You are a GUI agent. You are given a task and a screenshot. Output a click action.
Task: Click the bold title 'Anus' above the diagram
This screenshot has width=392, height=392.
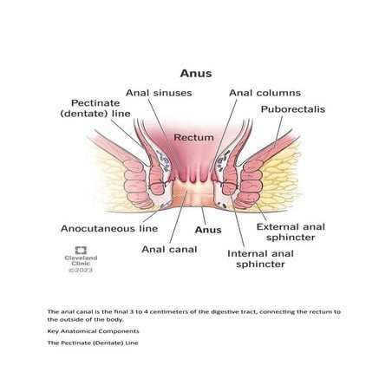[196, 74]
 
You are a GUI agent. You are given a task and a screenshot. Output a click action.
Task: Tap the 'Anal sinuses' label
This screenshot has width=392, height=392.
[159, 93]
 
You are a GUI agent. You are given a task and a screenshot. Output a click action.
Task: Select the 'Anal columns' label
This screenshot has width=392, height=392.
[265, 93]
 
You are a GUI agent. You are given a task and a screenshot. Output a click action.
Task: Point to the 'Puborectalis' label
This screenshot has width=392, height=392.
[293, 109]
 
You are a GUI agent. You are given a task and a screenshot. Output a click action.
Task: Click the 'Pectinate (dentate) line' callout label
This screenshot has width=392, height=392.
[95, 108]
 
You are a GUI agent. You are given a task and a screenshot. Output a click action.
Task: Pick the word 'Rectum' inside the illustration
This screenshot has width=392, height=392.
[193, 137]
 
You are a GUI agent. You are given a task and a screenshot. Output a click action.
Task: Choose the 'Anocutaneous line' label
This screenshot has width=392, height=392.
[109, 229]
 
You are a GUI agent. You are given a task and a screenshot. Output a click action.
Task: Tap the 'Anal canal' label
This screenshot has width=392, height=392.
[169, 249]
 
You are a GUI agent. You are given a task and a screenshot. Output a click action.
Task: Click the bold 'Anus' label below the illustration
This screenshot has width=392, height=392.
[208, 230]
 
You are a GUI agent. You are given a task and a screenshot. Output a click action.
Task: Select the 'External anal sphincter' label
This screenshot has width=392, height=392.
[291, 232]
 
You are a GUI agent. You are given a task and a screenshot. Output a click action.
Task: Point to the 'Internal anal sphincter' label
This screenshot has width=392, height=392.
[260, 258]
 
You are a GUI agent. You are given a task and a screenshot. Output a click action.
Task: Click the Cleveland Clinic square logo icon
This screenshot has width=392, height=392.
[81, 251]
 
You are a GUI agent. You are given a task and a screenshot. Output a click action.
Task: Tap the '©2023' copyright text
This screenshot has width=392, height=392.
[81, 270]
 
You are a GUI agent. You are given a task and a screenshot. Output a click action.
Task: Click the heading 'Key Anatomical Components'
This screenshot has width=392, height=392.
[93, 331]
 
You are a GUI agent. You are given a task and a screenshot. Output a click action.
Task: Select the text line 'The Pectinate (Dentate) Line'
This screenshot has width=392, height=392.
[93, 343]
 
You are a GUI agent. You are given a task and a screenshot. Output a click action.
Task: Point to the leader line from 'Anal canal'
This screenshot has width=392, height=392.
[179, 217]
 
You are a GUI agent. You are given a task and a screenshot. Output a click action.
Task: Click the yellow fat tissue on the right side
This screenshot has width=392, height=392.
[279, 176]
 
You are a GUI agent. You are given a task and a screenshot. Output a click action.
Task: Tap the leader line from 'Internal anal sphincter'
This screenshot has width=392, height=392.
[238, 219]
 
